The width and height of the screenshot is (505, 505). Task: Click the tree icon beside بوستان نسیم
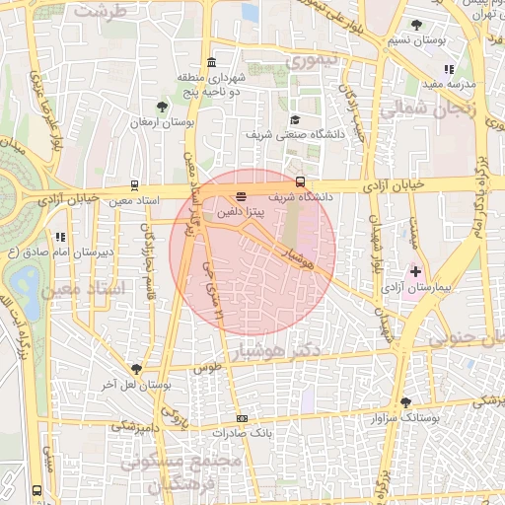click(421, 25)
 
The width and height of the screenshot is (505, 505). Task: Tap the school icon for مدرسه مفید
click(449, 69)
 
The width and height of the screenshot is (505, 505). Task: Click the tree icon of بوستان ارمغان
click(162, 106)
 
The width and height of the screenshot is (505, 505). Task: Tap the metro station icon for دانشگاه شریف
click(300, 181)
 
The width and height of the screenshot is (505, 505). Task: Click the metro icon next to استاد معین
click(134, 184)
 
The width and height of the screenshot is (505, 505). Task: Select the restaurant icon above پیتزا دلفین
click(241, 195)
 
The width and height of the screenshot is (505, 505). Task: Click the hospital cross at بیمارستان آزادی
click(415, 270)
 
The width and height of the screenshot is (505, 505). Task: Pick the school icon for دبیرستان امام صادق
click(60, 237)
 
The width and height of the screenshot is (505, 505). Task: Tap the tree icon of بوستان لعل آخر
click(136, 369)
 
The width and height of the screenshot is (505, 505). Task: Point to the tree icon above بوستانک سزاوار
click(406, 401)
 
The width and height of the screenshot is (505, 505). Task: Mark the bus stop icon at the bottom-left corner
click(37, 490)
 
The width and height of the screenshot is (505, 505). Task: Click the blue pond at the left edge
click(27, 286)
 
